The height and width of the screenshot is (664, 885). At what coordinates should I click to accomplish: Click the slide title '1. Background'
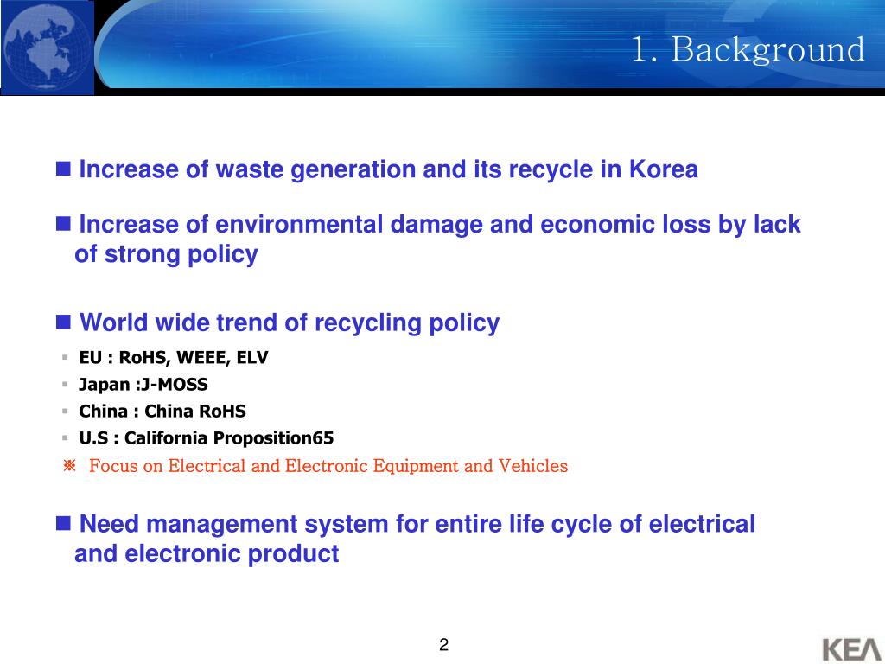(748, 49)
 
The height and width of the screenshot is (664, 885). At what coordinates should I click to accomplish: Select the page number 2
(443, 644)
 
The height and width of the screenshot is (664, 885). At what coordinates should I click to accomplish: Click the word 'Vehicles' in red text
(533, 466)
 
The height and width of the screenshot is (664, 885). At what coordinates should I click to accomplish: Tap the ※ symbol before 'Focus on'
(70, 466)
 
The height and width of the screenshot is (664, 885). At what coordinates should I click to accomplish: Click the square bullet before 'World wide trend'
(63, 322)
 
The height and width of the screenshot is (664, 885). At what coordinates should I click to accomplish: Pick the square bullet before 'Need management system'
(63, 523)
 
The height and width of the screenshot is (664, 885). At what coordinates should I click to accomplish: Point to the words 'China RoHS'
(195, 412)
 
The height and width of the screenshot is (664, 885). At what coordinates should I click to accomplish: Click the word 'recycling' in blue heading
(368, 323)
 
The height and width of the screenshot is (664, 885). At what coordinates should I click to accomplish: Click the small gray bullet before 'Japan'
(65, 385)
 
